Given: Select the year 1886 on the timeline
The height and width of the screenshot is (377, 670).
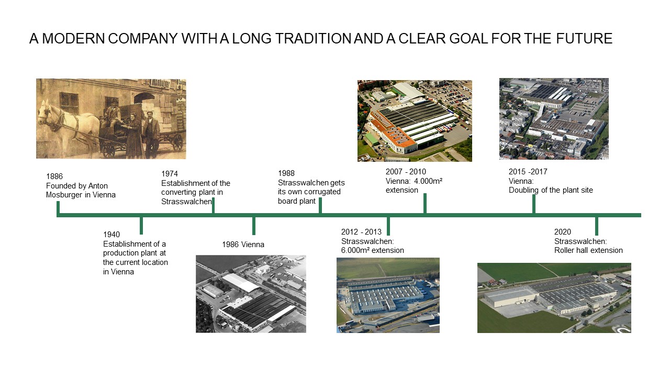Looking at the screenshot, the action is (x=54, y=176).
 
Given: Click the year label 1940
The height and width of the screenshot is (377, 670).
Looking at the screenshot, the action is (x=111, y=234).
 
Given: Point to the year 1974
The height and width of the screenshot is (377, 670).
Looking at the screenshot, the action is (x=170, y=173).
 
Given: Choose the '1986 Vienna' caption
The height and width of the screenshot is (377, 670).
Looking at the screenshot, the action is (x=243, y=245).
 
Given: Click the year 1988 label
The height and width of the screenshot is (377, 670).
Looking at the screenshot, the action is (x=286, y=173).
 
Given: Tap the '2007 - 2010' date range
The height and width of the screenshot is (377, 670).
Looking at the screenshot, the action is (x=406, y=172).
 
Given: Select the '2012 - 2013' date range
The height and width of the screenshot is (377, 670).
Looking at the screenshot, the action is (x=361, y=232).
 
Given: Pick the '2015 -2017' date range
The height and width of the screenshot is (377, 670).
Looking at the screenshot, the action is (x=528, y=172).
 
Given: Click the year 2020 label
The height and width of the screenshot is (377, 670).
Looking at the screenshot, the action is (x=563, y=232).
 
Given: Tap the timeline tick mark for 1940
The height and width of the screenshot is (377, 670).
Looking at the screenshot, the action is (x=141, y=226).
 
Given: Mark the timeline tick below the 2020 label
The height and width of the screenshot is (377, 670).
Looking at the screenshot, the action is (x=597, y=226).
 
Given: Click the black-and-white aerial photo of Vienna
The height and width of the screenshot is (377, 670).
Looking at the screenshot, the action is (x=251, y=294).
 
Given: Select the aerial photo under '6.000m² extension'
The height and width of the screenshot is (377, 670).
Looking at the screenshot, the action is (x=388, y=295).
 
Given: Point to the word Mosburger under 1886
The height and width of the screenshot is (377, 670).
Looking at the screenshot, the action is (x=64, y=195).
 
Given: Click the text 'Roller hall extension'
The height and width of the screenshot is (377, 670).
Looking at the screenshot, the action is (x=588, y=250).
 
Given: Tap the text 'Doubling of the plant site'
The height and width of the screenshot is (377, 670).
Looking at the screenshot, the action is (x=551, y=190).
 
